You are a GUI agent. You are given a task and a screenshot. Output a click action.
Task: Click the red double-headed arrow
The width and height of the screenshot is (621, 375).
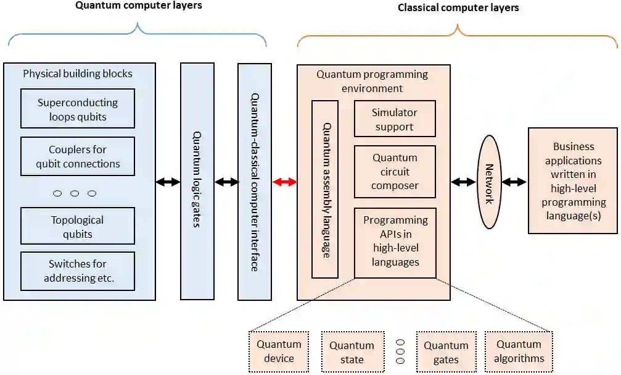tap(284, 182)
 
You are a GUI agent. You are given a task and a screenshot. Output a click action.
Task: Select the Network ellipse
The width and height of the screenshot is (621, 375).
tap(490, 182)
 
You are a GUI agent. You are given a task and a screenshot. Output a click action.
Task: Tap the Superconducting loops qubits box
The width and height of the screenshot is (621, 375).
tap(78, 108)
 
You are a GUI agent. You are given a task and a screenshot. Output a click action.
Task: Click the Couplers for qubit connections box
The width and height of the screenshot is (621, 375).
tap(78, 156)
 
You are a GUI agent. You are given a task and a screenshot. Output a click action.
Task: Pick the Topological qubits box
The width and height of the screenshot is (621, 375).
tap(78, 225)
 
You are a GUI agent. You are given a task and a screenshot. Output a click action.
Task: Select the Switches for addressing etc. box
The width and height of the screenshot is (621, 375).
tap(78, 271)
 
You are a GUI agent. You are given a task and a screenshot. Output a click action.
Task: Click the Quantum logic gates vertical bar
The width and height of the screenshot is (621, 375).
tap(197, 182)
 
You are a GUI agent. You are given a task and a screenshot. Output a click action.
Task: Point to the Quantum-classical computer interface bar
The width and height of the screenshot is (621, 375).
tap(255, 182)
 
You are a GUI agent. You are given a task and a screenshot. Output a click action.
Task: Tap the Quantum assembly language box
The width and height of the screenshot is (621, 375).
tap(325, 189)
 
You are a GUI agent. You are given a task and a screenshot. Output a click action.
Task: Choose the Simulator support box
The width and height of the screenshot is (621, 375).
tap(395, 119)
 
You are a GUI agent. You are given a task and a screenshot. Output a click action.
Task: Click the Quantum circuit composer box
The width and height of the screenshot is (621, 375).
tap(395, 171)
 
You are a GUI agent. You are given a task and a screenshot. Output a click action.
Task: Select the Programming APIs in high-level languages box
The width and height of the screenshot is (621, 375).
tap(395, 243)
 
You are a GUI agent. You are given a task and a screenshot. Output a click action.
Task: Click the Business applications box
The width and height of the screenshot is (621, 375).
tap(573, 180)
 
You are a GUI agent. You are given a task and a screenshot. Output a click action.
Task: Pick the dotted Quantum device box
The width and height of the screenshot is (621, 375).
tap(279, 352)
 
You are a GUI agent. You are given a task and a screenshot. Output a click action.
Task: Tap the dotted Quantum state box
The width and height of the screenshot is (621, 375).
tap(353, 352)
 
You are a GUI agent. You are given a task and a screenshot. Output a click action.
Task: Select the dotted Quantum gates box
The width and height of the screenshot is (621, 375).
tap(446, 352)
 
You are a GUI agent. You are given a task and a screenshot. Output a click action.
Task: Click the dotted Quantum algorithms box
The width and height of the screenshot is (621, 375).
tap(519, 352)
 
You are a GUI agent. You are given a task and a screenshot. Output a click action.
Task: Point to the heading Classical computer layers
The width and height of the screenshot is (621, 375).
tap(458, 7)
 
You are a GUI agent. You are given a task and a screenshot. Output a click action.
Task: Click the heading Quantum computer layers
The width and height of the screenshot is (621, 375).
tap(139, 5)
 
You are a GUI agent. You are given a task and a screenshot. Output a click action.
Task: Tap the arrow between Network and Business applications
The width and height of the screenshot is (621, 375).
tap(514, 182)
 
